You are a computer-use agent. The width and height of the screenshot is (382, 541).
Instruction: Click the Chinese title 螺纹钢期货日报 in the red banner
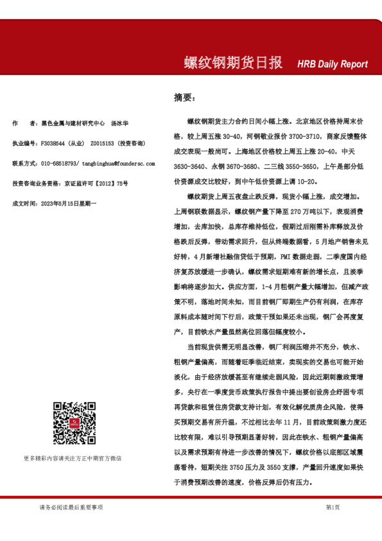pos(233,63)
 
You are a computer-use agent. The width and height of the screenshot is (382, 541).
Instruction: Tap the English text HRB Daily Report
pos(333,64)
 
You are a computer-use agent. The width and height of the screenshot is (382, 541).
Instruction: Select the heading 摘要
pos(183,98)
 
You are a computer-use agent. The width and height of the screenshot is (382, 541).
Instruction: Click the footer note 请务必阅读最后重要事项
pos(71,507)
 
